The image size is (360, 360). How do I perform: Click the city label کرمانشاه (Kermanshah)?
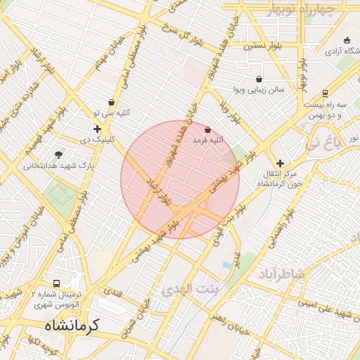click(72, 326)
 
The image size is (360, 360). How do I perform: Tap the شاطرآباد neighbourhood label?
click(281, 272)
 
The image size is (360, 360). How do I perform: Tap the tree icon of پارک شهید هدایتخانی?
click(58, 155)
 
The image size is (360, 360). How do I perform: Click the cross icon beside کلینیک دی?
click(97, 129)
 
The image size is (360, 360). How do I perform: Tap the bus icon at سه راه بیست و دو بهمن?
click(325, 94)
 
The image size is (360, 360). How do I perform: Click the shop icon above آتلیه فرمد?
click(207, 129)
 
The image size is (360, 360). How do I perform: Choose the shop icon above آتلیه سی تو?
click(111, 103)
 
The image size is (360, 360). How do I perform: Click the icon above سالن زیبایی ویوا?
click(259, 79)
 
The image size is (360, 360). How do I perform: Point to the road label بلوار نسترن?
click(262, 46)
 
